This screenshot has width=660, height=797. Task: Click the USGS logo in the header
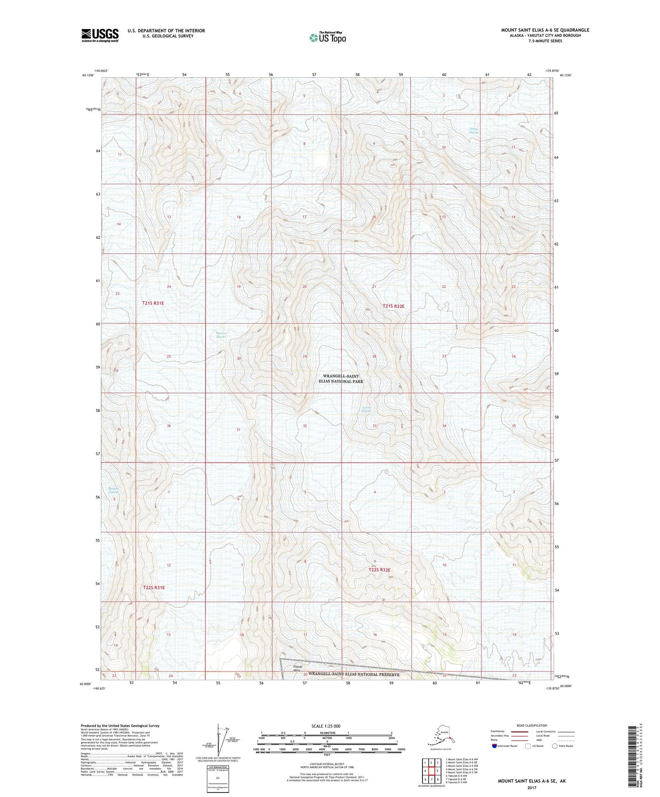tap(100, 35)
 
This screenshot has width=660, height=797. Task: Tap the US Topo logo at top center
tap(327, 37)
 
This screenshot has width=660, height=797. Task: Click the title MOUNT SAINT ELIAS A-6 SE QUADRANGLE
tap(545, 30)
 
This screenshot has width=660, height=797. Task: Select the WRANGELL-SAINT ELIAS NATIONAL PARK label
tap(343, 378)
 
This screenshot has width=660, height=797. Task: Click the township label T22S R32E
tap(379, 570)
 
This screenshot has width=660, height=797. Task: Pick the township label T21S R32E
tap(393, 306)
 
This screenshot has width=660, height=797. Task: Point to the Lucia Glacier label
tap(366, 409)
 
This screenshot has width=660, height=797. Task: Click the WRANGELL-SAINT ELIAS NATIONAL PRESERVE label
tap(354, 674)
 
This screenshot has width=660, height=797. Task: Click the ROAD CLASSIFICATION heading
tap(532, 725)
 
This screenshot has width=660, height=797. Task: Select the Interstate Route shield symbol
tap(494, 746)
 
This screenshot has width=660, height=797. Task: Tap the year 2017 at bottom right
tap(532, 788)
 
